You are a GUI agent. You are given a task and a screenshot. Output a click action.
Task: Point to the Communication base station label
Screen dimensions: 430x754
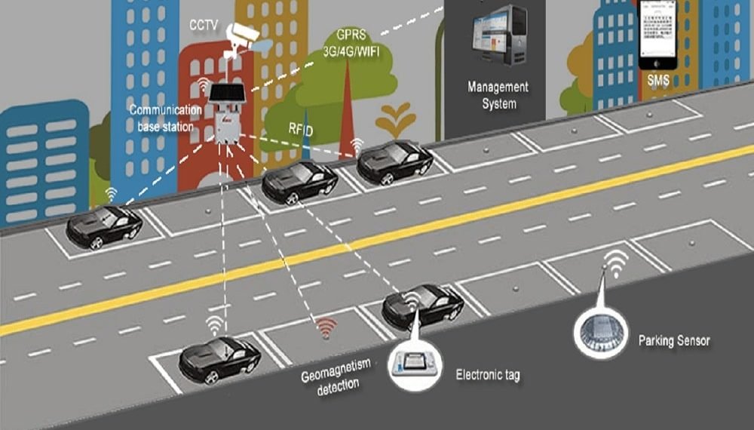coord(165,118)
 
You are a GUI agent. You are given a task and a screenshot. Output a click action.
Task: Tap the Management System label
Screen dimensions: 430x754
coord(498,95)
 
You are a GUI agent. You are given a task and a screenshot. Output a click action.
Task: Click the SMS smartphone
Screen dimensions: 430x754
coord(659,34)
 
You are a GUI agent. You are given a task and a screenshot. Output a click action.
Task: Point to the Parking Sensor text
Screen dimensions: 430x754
coord(673,341)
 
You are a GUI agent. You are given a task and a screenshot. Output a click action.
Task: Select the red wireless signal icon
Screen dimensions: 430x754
coord(326,326)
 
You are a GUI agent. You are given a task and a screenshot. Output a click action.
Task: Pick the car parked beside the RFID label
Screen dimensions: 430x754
coord(299,183)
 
